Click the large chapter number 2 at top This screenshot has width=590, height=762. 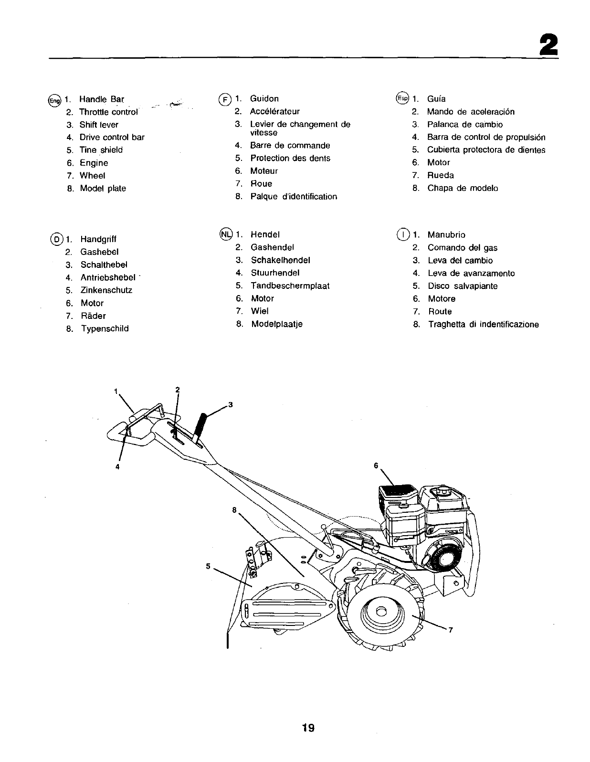(548, 46)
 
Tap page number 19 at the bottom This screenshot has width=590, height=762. (307, 728)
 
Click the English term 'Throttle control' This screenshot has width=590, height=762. (108, 112)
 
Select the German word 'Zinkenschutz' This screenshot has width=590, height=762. (106, 290)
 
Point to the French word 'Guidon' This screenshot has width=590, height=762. (264, 99)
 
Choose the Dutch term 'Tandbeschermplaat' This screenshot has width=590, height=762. (290, 286)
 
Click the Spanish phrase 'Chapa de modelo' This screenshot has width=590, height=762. (463, 188)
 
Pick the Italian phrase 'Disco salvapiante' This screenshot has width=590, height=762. (463, 286)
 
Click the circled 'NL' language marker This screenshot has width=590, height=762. (225, 234)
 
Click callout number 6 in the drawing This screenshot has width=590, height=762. (376, 465)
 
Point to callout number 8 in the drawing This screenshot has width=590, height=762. (234, 509)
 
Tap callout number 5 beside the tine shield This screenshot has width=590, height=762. (208, 566)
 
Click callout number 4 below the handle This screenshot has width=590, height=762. (117, 466)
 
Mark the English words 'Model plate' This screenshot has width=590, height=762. (103, 189)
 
